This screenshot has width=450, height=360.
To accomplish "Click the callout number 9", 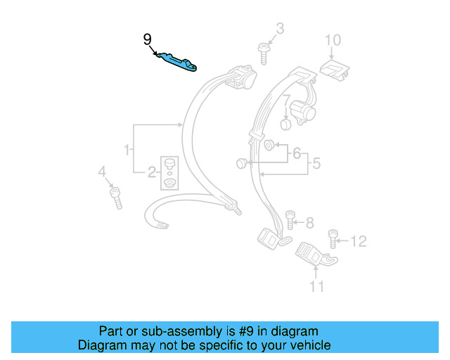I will (x=147, y=39).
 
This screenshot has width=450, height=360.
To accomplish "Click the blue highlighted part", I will (x=176, y=62).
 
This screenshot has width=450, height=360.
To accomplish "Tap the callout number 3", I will (x=280, y=29).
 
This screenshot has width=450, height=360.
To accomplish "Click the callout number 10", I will (x=332, y=39).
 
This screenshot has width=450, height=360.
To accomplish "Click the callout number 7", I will (x=286, y=101).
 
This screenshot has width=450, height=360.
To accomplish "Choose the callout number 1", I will (x=127, y=150).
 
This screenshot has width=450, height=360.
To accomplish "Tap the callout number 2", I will (x=152, y=172).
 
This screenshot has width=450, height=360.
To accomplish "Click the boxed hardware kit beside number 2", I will (x=169, y=173).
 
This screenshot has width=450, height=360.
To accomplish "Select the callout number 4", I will (x=102, y=172).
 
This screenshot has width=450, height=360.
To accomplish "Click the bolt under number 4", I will (x=115, y=197).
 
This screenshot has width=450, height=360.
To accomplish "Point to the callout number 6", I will (x=297, y=153).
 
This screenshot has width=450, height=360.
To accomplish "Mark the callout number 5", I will (x=316, y=164).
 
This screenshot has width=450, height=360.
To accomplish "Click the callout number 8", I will (x=309, y=223).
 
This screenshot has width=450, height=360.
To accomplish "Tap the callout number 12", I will (x=358, y=242).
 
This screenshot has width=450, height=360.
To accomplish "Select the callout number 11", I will (x=317, y=285).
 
